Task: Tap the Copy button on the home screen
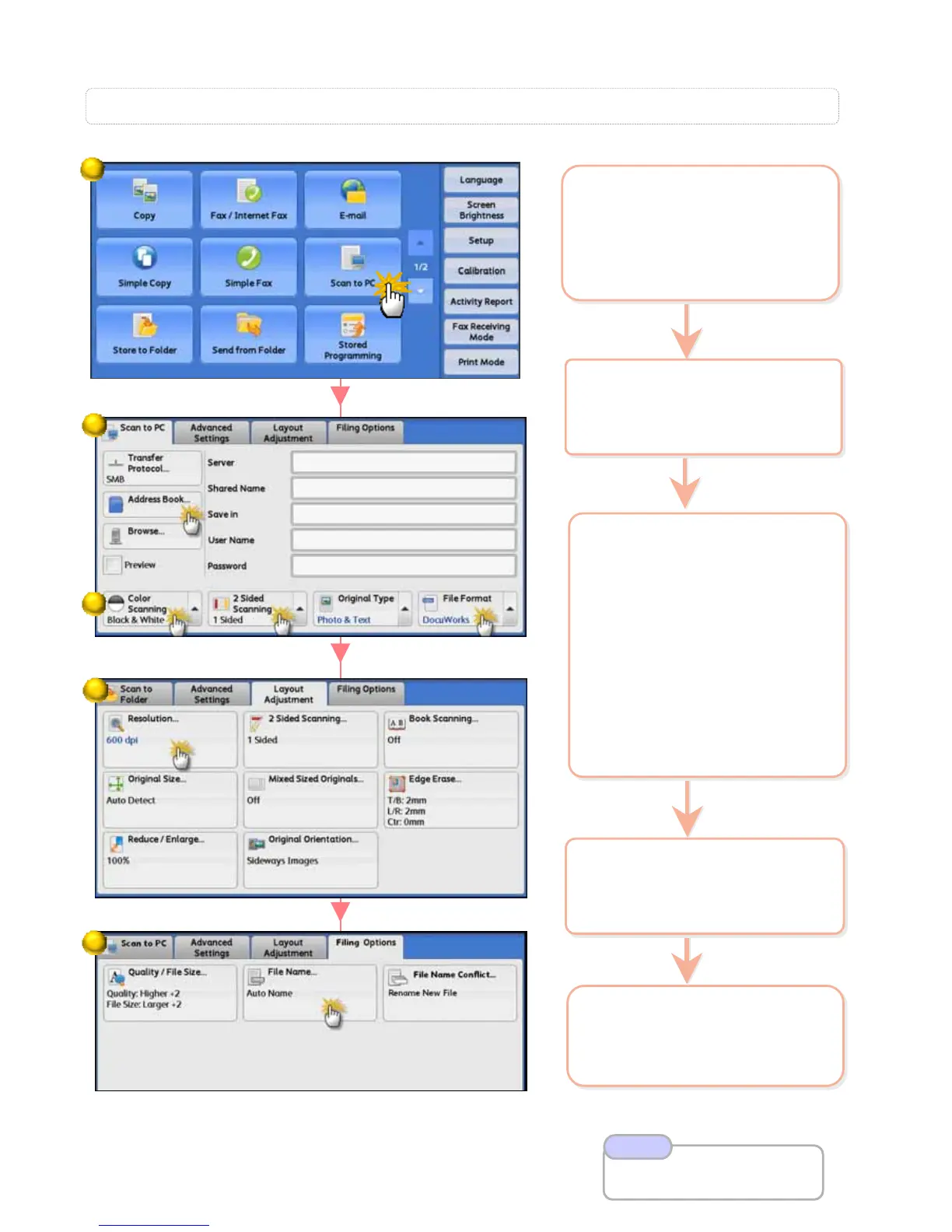tap(144, 199)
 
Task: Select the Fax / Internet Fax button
tap(248, 199)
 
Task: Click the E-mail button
tap(352, 199)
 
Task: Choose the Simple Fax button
tap(248, 267)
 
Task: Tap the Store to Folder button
tap(144, 334)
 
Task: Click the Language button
tap(481, 180)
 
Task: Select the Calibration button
tap(481, 271)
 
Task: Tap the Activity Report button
tap(481, 301)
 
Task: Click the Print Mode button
tap(481, 362)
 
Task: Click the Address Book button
tap(152, 503)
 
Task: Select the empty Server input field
tap(403, 463)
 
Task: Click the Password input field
tap(403, 566)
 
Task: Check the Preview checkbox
tap(114, 565)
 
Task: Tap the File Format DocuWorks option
tap(459, 609)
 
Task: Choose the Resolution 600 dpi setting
tap(170, 739)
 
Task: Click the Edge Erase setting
tap(450, 799)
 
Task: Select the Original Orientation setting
tap(310, 859)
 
